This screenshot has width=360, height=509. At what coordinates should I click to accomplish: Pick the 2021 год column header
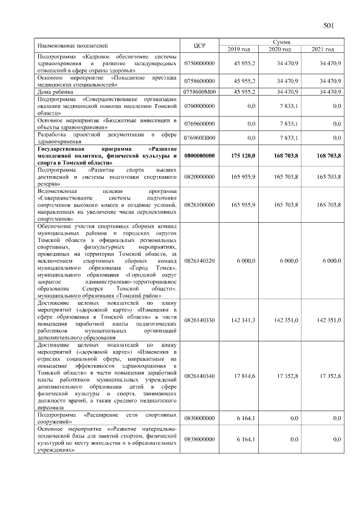pyautogui.click(x=322, y=49)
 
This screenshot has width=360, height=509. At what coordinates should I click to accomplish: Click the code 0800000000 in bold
pyautogui.click(x=199, y=155)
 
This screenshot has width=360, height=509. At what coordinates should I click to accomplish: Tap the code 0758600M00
pyautogui.click(x=199, y=91)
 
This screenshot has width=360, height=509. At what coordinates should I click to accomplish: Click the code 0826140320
pyautogui.click(x=199, y=261)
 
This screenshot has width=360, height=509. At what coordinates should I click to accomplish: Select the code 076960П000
pyautogui.click(x=199, y=138)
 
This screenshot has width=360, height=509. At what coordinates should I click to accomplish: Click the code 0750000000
pyautogui.click(x=199, y=63)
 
